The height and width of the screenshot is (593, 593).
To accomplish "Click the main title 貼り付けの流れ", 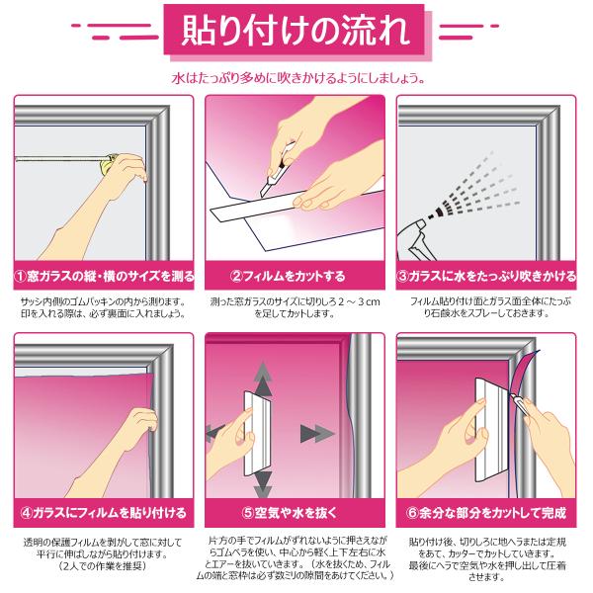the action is click(296, 31).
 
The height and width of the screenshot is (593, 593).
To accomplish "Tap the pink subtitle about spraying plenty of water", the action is click(298, 78).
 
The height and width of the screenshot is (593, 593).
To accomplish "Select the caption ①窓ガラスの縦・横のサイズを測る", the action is click(104, 276).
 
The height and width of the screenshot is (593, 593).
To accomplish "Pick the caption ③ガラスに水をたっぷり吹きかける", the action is click(486, 276).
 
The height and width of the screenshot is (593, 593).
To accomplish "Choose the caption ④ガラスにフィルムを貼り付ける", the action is click(104, 513).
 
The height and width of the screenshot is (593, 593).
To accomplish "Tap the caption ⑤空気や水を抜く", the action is click(290, 513).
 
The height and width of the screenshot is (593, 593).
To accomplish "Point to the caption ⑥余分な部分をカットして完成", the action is click(486, 513).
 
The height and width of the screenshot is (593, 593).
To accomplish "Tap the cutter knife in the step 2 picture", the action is click(277, 170).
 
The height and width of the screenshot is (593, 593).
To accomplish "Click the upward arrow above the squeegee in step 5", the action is click(263, 379).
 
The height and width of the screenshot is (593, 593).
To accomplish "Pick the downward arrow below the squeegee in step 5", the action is click(263, 485).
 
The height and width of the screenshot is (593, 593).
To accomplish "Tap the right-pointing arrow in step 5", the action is click(317, 434).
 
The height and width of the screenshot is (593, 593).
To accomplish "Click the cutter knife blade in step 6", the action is click(514, 398).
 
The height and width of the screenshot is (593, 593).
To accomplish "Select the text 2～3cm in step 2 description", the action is click(359, 301).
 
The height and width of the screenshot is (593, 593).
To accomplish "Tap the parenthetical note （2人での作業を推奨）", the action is click(103, 565).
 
